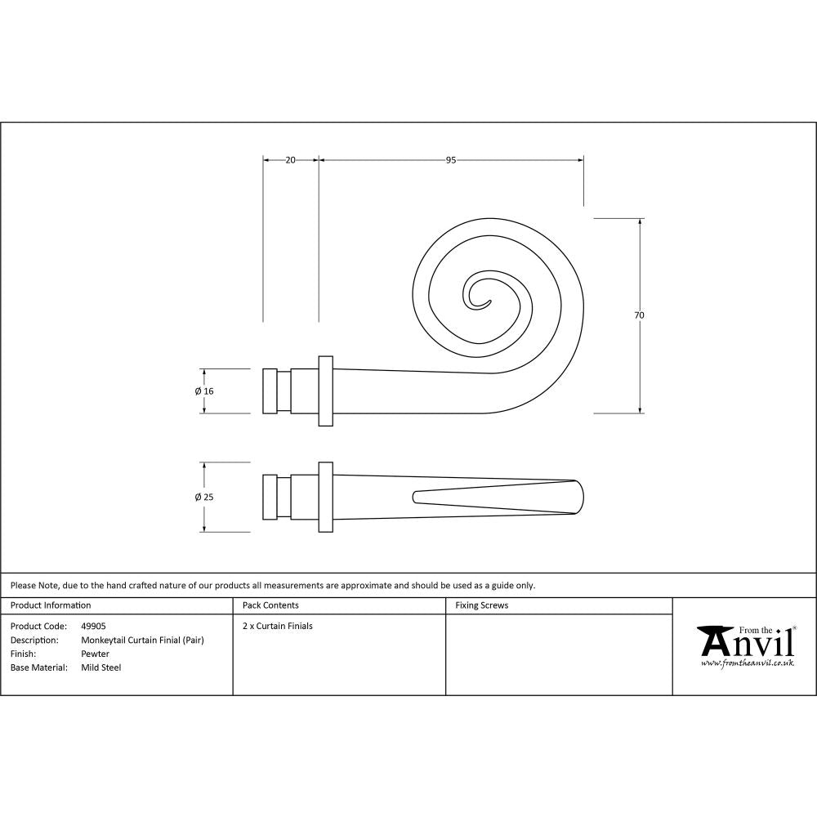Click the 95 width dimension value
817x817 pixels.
450,160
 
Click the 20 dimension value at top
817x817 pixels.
290,160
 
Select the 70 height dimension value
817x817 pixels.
639,315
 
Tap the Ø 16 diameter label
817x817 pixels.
204,391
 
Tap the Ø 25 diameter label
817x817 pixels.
204,497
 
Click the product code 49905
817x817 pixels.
93,626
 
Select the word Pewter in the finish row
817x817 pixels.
95,654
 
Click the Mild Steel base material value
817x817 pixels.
101,667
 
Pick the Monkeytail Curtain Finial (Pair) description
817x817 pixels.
142,640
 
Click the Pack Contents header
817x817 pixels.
270,605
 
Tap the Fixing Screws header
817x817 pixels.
481,605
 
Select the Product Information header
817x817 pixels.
51,605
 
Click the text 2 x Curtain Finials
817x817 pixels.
278,626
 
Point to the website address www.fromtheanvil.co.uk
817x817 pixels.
747,663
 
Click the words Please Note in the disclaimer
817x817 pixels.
33,585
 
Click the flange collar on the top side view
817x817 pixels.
326,391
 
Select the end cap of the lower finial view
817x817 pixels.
270,497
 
